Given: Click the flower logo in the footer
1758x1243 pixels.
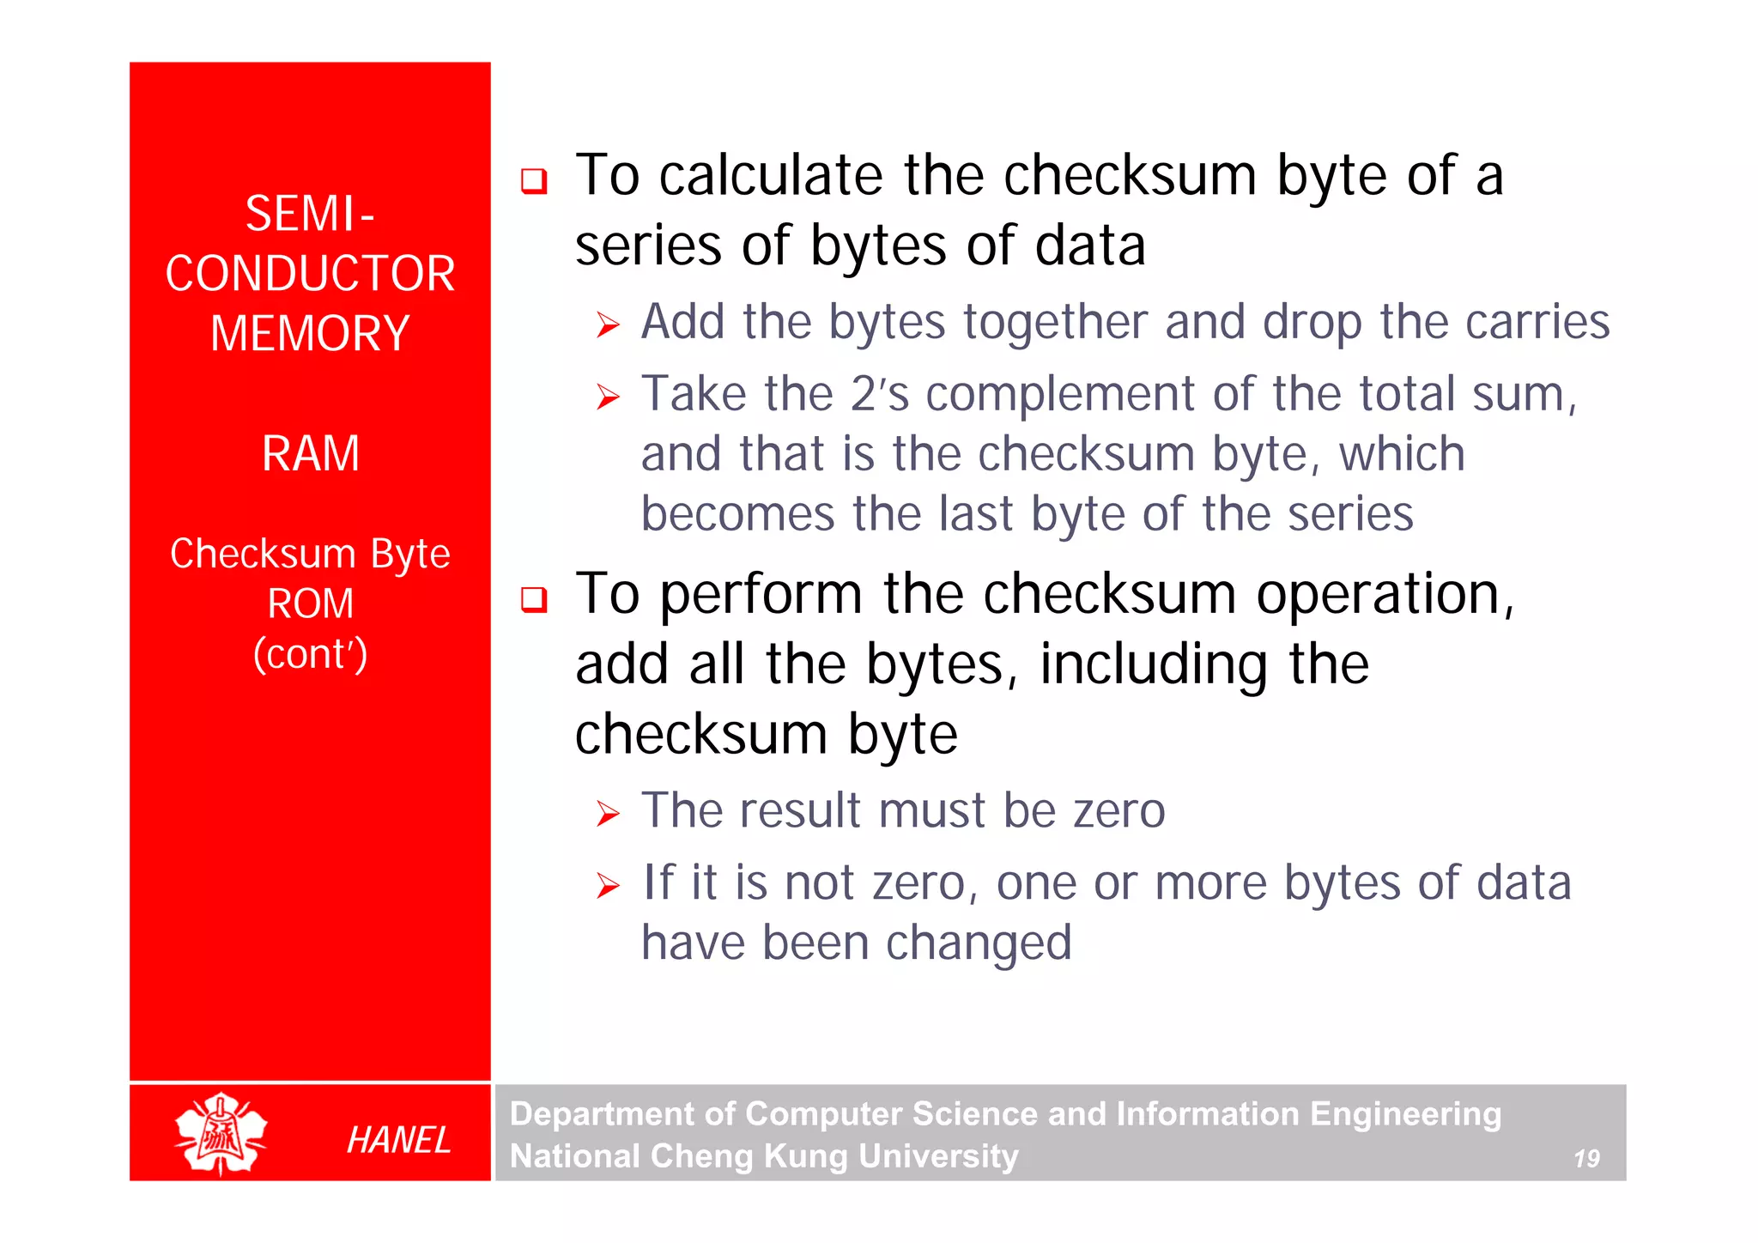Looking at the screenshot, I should [221, 1133].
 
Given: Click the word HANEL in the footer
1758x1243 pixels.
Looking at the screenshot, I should [398, 1140].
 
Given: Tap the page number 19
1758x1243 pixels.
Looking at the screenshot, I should [1586, 1159].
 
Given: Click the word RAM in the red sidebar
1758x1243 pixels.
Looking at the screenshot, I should [310, 453].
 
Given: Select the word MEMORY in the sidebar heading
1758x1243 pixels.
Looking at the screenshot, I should [310, 333].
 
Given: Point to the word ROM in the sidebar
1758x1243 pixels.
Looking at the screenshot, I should [310, 603].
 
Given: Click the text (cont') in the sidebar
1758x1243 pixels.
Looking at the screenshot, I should [310, 654].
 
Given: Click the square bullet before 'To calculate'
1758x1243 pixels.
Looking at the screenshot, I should [534, 181].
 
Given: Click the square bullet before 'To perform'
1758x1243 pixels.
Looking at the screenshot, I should [534, 599].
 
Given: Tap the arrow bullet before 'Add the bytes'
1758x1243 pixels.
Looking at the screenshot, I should [608, 325].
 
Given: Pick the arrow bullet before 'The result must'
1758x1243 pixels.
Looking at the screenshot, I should [608, 814].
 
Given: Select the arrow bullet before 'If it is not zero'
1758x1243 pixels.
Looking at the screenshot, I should [608, 885].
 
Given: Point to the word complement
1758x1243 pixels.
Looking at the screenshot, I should [1060, 395].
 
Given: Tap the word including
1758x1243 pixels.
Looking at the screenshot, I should [1153, 665].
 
